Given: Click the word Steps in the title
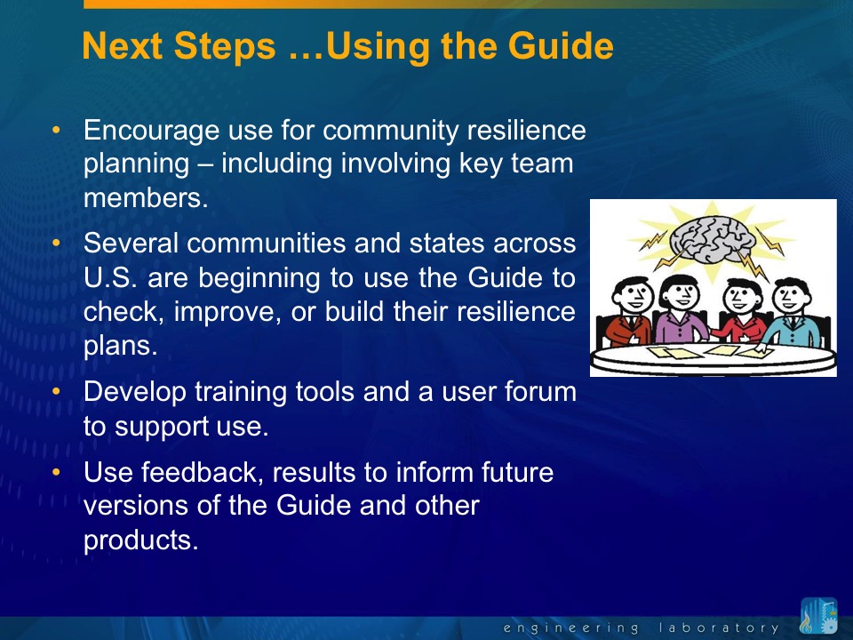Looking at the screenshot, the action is click(225, 45).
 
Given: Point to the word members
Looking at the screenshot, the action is click(146, 197).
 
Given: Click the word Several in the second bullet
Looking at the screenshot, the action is click(132, 243).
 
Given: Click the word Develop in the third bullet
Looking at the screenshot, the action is click(135, 393).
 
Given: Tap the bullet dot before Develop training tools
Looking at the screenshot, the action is click(56, 392).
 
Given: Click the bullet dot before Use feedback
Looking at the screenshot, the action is click(56, 472).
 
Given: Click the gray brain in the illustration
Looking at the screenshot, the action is click(713, 239).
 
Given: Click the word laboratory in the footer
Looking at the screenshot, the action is click(719, 628).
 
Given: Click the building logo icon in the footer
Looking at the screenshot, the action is click(819, 616).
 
